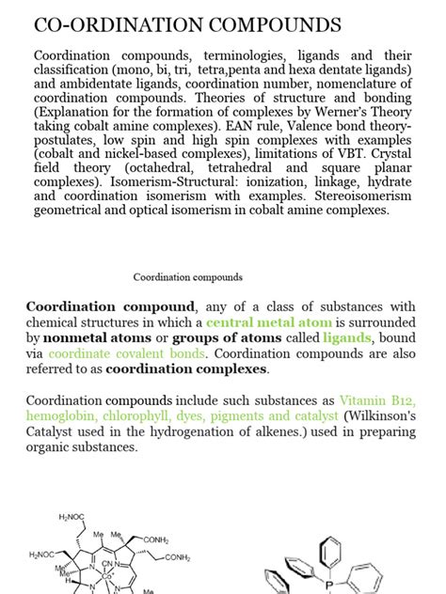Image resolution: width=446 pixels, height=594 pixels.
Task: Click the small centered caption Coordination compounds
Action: (188, 277)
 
